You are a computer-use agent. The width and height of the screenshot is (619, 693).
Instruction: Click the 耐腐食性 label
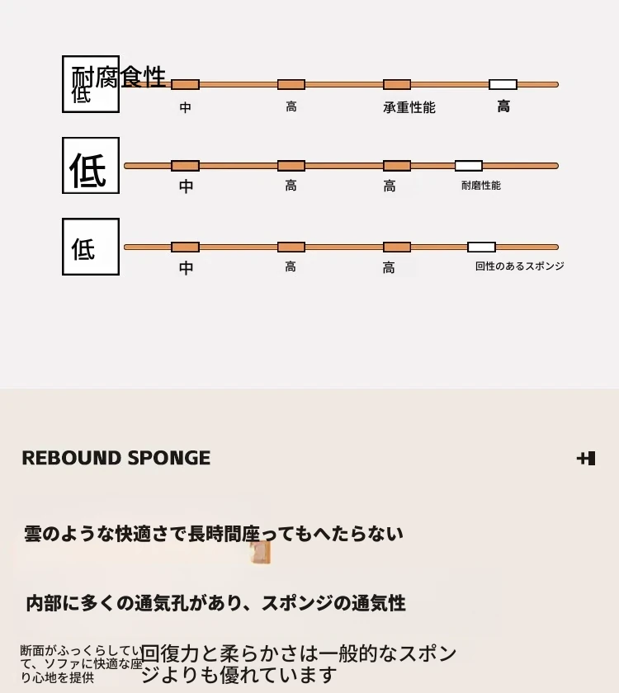[119, 77]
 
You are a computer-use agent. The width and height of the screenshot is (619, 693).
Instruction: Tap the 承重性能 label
[409, 107]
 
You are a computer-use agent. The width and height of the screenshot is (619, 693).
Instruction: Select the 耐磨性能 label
[480, 186]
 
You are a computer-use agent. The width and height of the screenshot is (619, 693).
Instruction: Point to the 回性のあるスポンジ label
[519, 266]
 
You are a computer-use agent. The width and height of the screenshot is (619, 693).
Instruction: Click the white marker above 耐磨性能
[468, 166]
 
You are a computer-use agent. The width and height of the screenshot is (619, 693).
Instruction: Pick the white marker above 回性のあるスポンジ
[481, 247]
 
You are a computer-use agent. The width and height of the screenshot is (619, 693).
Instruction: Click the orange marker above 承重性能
[397, 84]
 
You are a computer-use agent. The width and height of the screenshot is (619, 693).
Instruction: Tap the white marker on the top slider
[503, 84]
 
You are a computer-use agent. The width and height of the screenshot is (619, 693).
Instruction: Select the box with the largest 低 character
[91, 166]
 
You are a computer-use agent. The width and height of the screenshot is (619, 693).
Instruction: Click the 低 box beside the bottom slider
[91, 247]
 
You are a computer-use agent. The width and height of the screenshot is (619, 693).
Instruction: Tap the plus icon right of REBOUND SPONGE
[586, 459]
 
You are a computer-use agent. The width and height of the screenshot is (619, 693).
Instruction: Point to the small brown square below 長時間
[261, 553]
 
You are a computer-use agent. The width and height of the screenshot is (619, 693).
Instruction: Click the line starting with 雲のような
[214, 534]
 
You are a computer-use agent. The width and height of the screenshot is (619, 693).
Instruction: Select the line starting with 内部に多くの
[215, 603]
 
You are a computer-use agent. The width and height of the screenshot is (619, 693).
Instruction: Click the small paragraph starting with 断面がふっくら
[80, 664]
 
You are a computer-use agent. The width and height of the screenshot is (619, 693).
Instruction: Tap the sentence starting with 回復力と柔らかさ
[298, 664]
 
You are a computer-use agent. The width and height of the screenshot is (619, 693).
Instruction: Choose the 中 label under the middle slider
[187, 186]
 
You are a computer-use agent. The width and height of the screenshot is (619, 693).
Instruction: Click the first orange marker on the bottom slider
[185, 247]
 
